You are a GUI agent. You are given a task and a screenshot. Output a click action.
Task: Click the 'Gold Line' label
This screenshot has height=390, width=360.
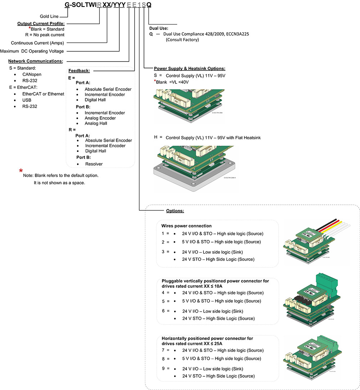49,17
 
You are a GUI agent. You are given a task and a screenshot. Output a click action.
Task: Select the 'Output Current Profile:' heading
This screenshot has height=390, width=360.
41,24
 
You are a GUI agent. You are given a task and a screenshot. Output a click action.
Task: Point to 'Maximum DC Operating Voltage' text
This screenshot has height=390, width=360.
32,51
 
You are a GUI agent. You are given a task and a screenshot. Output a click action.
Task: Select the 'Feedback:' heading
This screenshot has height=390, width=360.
79,71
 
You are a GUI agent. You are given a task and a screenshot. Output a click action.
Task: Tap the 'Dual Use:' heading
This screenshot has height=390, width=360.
158,28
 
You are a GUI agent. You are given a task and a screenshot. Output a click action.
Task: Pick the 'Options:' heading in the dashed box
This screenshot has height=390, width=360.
175,210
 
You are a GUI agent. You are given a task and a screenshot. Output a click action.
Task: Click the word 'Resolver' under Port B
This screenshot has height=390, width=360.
94,164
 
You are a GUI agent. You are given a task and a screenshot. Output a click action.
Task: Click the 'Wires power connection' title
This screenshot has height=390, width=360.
186,226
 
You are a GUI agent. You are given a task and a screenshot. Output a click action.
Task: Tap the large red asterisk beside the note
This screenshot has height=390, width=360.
21,171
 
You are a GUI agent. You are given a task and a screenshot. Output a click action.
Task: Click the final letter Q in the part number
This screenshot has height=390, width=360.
149,5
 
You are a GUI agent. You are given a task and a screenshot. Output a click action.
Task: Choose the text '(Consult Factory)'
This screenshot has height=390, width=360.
182,40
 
